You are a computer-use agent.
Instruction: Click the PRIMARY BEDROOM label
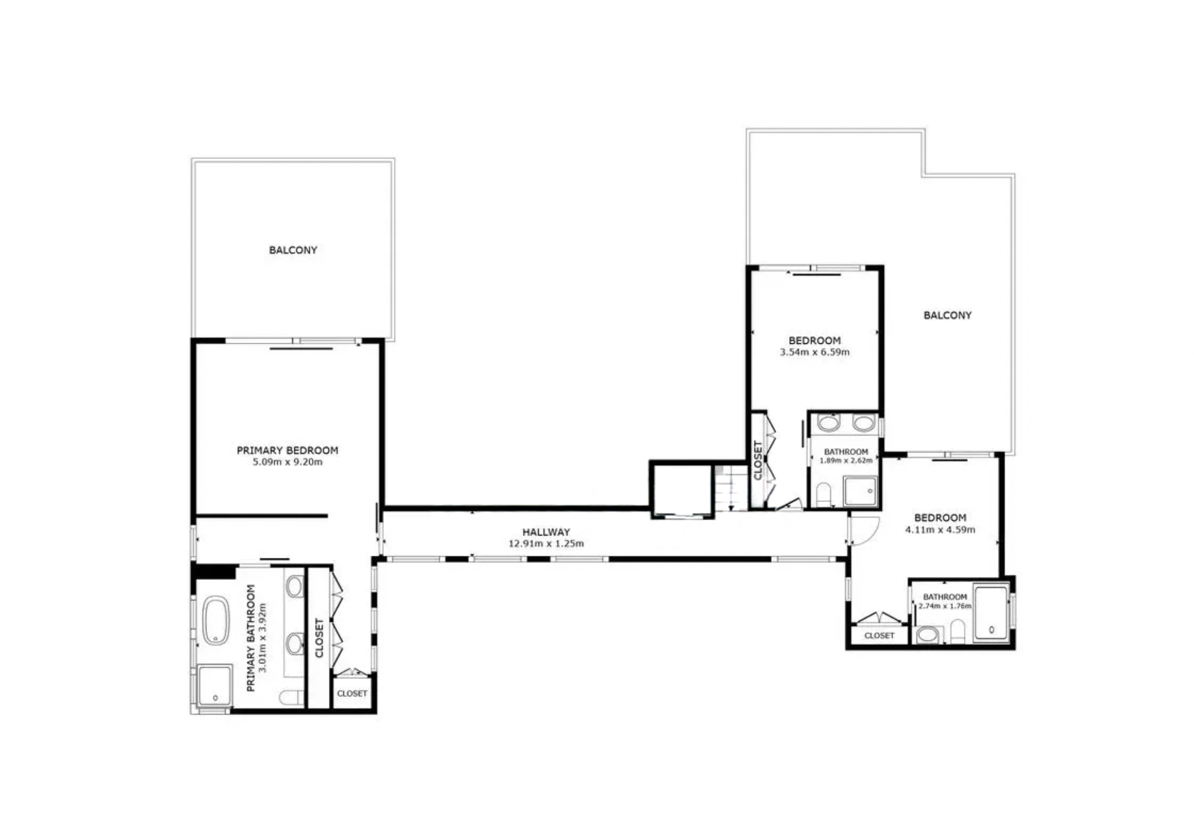[x=287, y=450]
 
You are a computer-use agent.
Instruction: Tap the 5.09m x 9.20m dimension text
[x=287, y=462]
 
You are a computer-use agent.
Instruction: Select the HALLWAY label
[x=546, y=532]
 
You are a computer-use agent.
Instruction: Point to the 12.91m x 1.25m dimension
[x=546, y=544]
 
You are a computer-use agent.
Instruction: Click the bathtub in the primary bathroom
[x=216, y=620]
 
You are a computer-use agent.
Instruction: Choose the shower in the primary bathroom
[x=214, y=685]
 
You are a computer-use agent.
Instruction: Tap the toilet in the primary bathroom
[x=292, y=697]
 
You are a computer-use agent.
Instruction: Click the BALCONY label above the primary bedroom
[x=293, y=250]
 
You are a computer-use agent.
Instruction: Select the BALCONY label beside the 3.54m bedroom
[x=947, y=315]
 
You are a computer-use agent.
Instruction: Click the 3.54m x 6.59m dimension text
[x=814, y=352]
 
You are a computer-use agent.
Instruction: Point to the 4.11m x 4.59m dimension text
[x=940, y=529]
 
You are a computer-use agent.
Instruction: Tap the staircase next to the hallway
[x=731, y=488]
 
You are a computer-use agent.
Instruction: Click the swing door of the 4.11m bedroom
[x=864, y=531]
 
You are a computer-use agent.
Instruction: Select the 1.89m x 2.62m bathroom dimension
[x=846, y=460]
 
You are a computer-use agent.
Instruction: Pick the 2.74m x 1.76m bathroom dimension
[x=945, y=606]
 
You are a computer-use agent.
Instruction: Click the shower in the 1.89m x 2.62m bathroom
[x=860, y=491]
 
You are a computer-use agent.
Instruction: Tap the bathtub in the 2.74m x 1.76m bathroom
[x=991, y=613]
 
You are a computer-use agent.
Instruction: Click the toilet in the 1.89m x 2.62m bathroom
[x=823, y=494]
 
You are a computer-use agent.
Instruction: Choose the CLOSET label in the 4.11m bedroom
[x=879, y=635]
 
